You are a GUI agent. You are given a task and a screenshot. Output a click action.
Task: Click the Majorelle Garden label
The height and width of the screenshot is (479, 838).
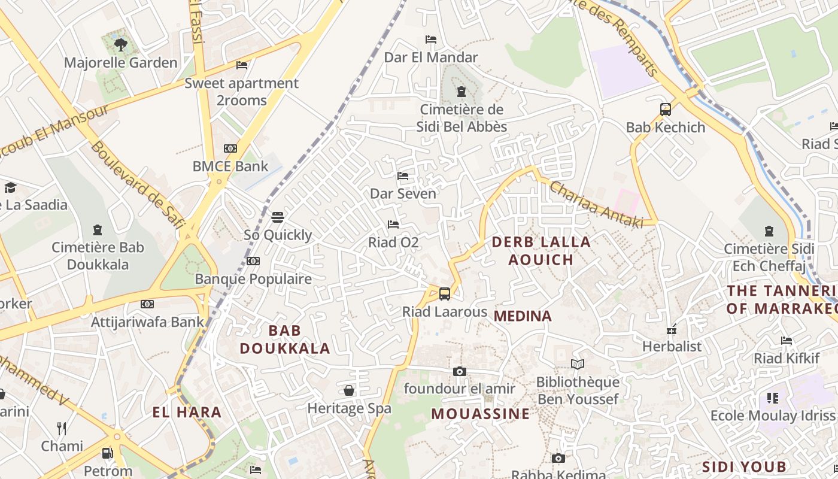[x=120, y=62]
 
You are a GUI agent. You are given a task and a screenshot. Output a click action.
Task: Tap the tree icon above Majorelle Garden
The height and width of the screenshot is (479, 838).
[x=120, y=44]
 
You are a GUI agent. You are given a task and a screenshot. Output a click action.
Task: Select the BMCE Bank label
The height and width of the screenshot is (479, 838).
[x=230, y=166]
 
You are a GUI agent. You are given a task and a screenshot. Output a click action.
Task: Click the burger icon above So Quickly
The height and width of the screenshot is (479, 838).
[x=277, y=217]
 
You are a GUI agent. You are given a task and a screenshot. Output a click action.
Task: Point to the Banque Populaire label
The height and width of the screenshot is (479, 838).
[x=253, y=278]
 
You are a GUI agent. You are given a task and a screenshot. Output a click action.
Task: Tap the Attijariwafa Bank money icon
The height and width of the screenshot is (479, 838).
[x=147, y=304]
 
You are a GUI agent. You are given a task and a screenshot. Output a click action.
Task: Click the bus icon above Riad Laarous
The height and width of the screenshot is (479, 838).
[x=444, y=293]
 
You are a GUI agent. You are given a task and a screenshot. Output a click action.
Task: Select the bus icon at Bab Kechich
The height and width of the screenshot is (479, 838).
[x=665, y=110]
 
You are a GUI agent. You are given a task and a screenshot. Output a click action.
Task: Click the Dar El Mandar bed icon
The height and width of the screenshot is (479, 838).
[x=430, y=40]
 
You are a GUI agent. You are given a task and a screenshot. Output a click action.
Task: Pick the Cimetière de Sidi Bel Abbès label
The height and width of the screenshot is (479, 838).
[x=461, y=118]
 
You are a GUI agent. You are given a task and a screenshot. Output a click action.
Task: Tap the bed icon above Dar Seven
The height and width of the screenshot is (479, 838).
[x=403, y=176]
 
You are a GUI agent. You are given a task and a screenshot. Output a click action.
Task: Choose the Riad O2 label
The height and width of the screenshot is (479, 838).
[x=393, y=242]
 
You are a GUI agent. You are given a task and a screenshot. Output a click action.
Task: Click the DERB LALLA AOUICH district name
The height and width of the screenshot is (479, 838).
[x=541, y=251]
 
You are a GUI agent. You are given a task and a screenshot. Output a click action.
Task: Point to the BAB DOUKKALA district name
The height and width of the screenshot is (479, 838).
[x=285, y=339]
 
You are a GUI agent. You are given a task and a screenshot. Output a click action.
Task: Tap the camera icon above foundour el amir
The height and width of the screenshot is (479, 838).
[x=459, y=371]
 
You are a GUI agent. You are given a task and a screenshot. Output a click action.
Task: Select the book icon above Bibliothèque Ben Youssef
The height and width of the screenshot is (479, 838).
[x=577, y=364]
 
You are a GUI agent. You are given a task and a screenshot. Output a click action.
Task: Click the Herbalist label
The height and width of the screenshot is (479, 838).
[x=672, y=346]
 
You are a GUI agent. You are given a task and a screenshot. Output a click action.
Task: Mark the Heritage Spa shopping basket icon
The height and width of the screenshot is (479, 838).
[x=349, y=391]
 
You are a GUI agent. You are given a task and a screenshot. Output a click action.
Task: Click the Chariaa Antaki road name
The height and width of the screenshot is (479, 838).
[x=596, y=205]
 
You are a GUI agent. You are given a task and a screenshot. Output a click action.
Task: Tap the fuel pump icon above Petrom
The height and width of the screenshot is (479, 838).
[x=108, y=453]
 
